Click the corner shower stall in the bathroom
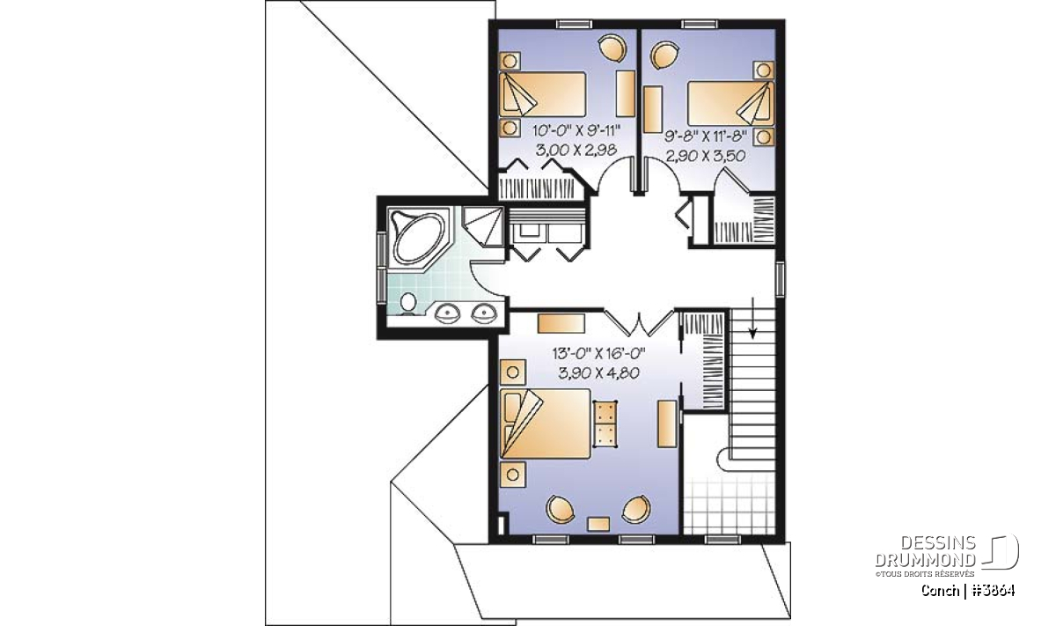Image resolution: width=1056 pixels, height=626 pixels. [482, 226]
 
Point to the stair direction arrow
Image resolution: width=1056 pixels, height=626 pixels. [752, 318]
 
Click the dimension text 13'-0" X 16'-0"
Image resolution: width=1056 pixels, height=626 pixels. [598, 353]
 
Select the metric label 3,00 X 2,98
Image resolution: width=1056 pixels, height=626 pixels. [576, 150]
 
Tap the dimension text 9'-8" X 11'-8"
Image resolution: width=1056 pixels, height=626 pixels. [706, 136]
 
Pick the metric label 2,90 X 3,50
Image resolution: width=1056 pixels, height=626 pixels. [706, 155]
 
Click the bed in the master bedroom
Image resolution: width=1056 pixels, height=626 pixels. [546, 423]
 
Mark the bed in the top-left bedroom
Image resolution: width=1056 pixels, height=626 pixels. [543, 94]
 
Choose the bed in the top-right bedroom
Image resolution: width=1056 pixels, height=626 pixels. [730, 104]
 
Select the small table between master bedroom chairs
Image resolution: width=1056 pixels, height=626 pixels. [598, 524]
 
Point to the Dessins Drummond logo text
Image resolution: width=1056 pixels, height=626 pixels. [926, 551]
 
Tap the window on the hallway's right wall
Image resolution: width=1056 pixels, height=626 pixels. [781, 279]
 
